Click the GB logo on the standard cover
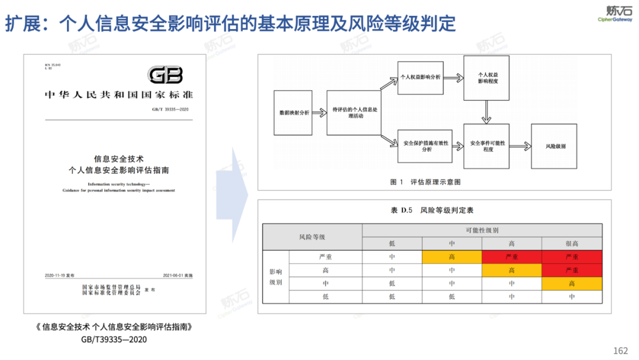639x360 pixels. click(165, 75)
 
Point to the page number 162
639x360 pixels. click(621, 351)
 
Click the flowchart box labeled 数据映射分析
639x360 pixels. click(294, 112)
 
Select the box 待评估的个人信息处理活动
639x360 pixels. click(354, 112)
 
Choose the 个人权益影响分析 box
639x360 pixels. click(421, 77)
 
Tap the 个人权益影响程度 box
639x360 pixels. click(487, 78)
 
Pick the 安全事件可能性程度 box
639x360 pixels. click(487, 146)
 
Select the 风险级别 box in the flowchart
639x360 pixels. click(553, 146)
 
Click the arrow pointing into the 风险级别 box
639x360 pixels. click(520, 146)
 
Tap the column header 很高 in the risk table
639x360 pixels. click(572, 243)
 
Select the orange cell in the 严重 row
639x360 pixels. click(451, 257)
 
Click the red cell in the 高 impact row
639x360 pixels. click(572, 270)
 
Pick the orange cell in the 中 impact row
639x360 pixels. click(572, 284)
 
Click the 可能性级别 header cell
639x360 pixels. click(482, 230)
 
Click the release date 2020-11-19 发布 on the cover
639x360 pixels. click(59, 276)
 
